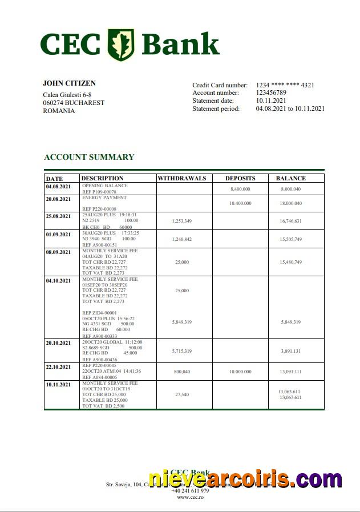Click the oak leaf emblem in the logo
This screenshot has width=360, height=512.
point(121,44)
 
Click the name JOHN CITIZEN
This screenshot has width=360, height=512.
point(69,83)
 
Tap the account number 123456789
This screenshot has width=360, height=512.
point(271,92)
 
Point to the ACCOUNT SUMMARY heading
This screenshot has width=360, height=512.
point(89,157)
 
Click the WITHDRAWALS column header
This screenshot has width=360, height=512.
point(181,178)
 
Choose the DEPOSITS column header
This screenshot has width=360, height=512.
point(240,178)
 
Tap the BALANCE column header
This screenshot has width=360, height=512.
point(290,178)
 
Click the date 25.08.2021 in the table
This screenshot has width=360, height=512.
point(58,216)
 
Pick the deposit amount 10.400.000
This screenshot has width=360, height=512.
point(241,203)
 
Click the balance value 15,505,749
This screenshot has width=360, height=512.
point(290,239)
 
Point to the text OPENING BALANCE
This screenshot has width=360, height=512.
point(105,186)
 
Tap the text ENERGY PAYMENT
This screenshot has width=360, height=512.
point(104,197)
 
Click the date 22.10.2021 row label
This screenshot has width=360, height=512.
point(58,367)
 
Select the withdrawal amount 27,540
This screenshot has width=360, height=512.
point(181,394)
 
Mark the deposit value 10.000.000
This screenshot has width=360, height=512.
point(240,372)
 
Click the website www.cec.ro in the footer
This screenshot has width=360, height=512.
point(190,497)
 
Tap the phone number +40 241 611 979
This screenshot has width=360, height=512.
point(190,490)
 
